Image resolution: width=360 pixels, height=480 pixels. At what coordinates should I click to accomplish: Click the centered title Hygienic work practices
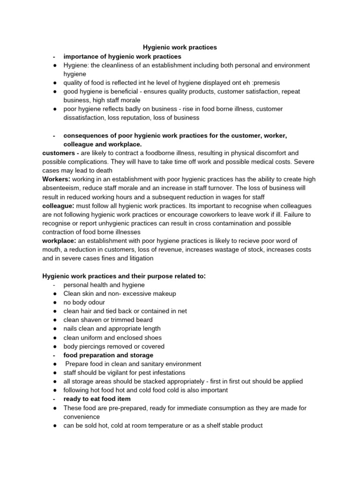pos(180,47)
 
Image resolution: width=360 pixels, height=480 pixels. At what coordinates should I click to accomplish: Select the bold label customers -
pos(60,153)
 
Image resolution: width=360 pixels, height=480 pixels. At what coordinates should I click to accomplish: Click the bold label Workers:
pos(57,180)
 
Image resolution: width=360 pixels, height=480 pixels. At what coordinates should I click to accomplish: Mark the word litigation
pos(138,258)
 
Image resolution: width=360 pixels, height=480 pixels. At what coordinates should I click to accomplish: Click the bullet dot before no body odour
pos(55,302)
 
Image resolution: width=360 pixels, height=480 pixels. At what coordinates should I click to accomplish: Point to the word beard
pos(143,320)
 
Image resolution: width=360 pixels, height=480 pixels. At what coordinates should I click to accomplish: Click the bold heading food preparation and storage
pos(108,355)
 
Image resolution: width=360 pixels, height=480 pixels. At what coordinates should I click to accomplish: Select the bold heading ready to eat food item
pos(97,399)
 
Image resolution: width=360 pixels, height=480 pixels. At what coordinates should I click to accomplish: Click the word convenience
pos(82,417)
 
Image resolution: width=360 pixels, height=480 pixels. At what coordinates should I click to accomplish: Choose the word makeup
pos(164,294)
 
